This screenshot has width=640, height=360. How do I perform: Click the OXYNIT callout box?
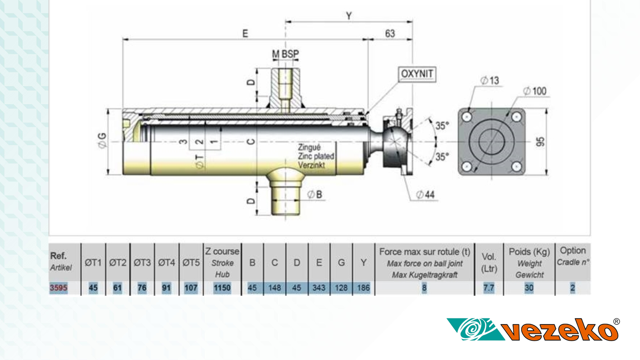[x=417, y=74]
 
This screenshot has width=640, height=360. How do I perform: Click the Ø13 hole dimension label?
[x=490, y=81]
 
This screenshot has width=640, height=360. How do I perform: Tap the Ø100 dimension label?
[x=535, y=91]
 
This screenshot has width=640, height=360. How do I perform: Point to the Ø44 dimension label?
[x=425, y=195]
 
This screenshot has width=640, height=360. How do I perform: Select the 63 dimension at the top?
[x=390, y=34]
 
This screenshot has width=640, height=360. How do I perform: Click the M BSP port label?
[x=285, y=54]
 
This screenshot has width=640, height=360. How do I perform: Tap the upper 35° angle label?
[x=442, y=126]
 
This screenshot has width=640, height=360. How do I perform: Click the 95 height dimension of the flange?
[x=540, y=142]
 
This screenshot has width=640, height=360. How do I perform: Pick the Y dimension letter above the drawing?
[x=349, y=16]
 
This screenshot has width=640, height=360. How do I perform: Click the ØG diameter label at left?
[x=102, y=141]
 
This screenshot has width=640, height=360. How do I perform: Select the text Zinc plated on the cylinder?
[x=316, y=156]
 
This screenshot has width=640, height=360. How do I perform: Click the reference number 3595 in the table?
[x=58, y=288]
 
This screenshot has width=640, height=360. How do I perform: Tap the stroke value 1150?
[x=222, y=288]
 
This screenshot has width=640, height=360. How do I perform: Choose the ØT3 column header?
[x=142, y=263]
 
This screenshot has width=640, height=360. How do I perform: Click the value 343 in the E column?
[x=319, y=288]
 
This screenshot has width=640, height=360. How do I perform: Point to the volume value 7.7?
[x=488, y=288]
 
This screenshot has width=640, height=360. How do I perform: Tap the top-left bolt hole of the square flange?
[x=467, y=117]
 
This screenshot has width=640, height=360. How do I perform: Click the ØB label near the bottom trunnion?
[x=315, y=194]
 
